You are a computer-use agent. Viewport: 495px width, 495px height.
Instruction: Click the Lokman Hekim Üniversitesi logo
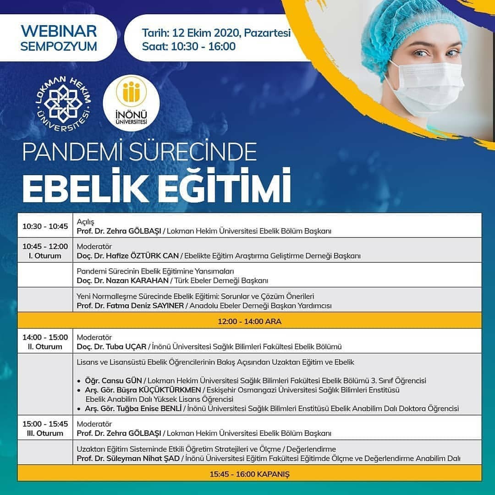63,104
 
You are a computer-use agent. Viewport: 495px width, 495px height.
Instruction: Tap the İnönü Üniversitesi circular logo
132,103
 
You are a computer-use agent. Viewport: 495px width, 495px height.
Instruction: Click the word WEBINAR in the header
59,31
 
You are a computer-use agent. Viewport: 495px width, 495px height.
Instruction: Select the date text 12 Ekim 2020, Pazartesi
231,33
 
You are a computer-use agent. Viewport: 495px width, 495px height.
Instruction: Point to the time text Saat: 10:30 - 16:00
189,46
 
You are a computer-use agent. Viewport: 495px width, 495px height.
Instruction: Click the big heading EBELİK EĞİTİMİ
157,187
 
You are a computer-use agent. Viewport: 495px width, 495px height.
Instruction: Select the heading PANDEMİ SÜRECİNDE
139,152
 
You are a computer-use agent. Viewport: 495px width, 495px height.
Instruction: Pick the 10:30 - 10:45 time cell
45,226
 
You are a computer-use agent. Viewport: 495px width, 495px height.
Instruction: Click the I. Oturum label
45,256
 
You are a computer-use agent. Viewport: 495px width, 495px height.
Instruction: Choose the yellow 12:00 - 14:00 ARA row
249,321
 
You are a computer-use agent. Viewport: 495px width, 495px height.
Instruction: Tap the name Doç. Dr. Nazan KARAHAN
122,280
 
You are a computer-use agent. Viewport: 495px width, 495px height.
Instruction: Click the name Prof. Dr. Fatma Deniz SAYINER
130,306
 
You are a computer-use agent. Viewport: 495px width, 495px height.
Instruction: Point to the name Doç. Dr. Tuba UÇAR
111,346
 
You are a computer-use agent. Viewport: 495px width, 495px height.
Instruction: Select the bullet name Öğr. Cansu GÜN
113,381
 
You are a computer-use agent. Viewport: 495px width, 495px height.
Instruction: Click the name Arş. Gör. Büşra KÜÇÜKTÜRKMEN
143,390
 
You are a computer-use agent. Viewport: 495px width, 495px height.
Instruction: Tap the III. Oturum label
45,433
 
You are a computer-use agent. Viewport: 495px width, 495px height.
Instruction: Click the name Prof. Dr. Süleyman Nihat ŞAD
128,458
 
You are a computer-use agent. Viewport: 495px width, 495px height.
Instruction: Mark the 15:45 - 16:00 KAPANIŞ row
249,474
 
